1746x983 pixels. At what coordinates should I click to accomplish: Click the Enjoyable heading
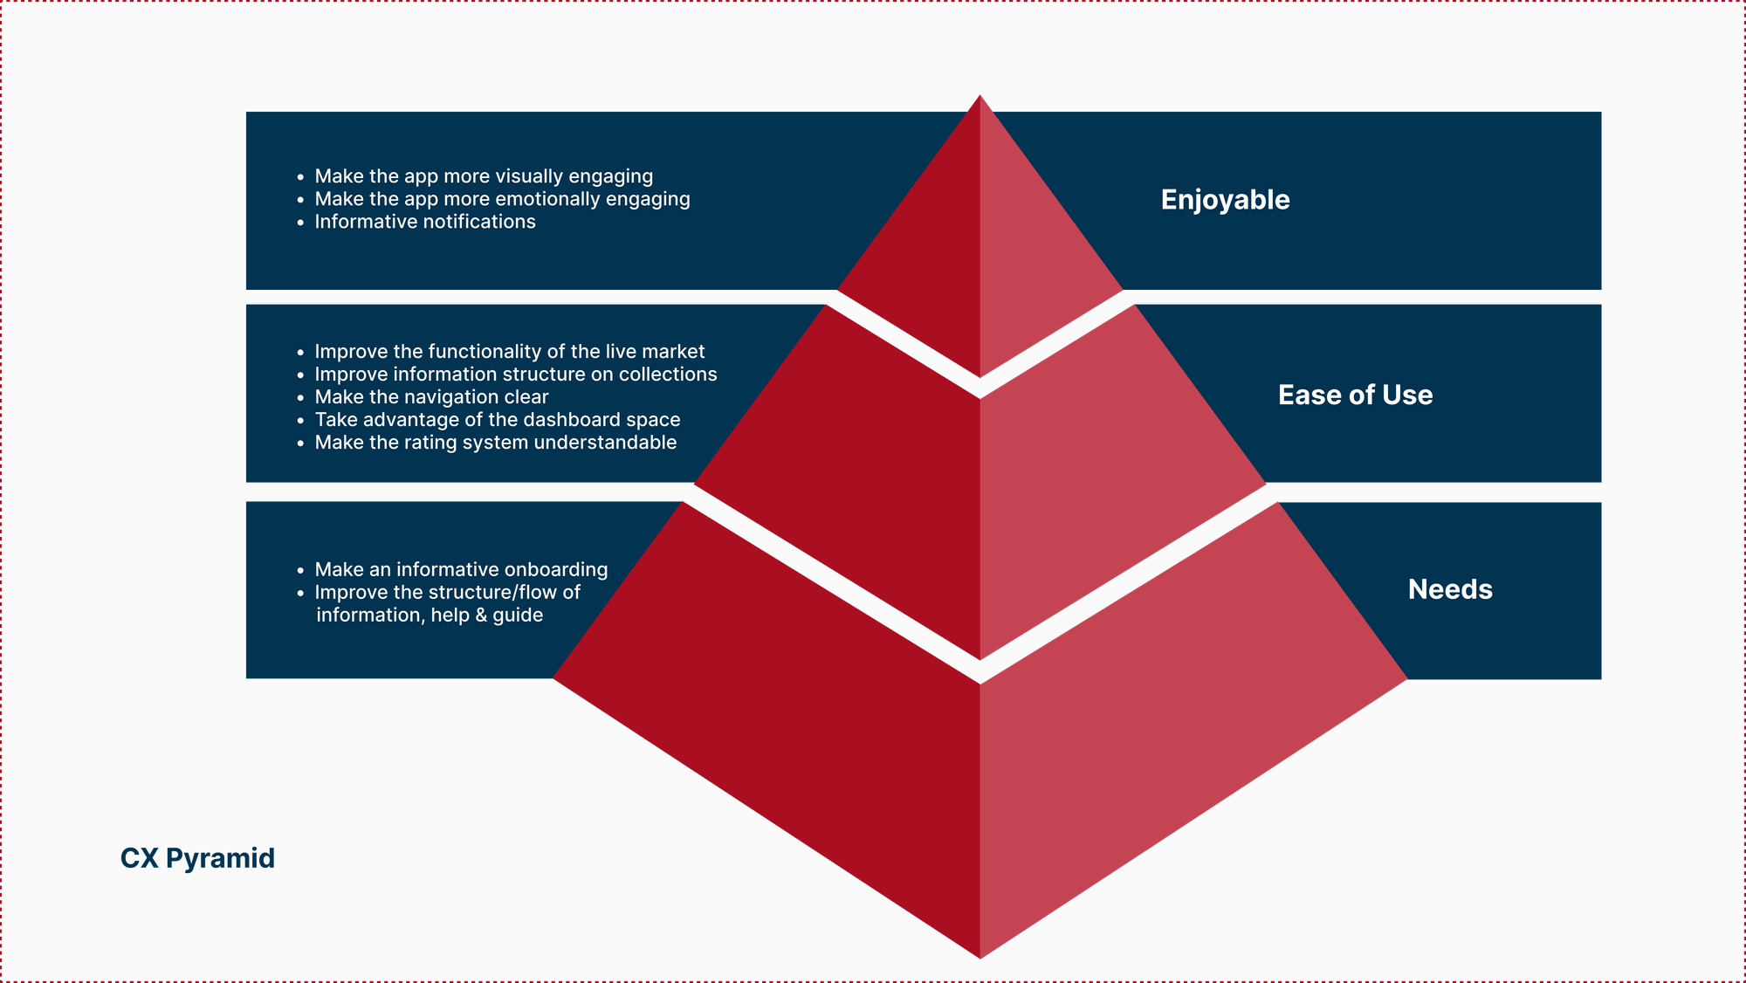[x=1225, y=200]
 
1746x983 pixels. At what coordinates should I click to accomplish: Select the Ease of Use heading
[x=1355, y=395]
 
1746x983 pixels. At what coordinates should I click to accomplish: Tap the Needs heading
[x=1450, y=589]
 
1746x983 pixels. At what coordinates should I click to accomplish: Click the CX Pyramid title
[x=197, y=858]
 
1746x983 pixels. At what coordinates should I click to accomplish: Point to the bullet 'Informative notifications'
[x=425, y=222]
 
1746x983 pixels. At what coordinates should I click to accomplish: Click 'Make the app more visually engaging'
[x=484, y=176]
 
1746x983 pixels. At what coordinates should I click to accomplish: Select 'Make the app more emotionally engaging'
[x=502, y=199]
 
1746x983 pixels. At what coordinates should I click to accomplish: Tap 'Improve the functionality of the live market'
[x=510, y=352]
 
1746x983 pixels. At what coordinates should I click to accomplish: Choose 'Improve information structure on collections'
[x=516, y=375]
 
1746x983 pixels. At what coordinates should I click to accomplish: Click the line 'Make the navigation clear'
[x=431, y=397]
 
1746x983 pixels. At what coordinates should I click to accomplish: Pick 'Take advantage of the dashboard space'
[x=498, y=420]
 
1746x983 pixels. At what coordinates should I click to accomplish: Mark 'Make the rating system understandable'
[x=496, y=443]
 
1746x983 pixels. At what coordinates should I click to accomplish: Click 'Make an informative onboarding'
[x=461, y=570]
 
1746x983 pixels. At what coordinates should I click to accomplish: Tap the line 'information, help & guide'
[x=430, y=615]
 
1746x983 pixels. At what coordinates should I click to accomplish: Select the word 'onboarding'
[x=556, y=570]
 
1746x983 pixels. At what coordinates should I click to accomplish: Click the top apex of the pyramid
[x=980, y=95]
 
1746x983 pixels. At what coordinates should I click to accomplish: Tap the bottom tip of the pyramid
[x=980, y=958]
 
